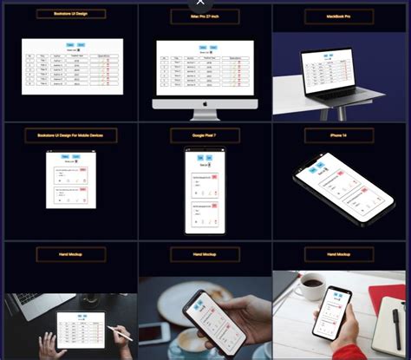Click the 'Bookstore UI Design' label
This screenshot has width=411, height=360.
(x=70, y=15)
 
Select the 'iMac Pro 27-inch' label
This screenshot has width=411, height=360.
(x=205, y=15)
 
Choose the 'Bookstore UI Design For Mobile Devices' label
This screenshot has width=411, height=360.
(x=70, y=135)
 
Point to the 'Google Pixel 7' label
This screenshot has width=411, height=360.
(x=205, y=135)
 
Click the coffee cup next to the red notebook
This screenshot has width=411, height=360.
(x=309, y=286)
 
